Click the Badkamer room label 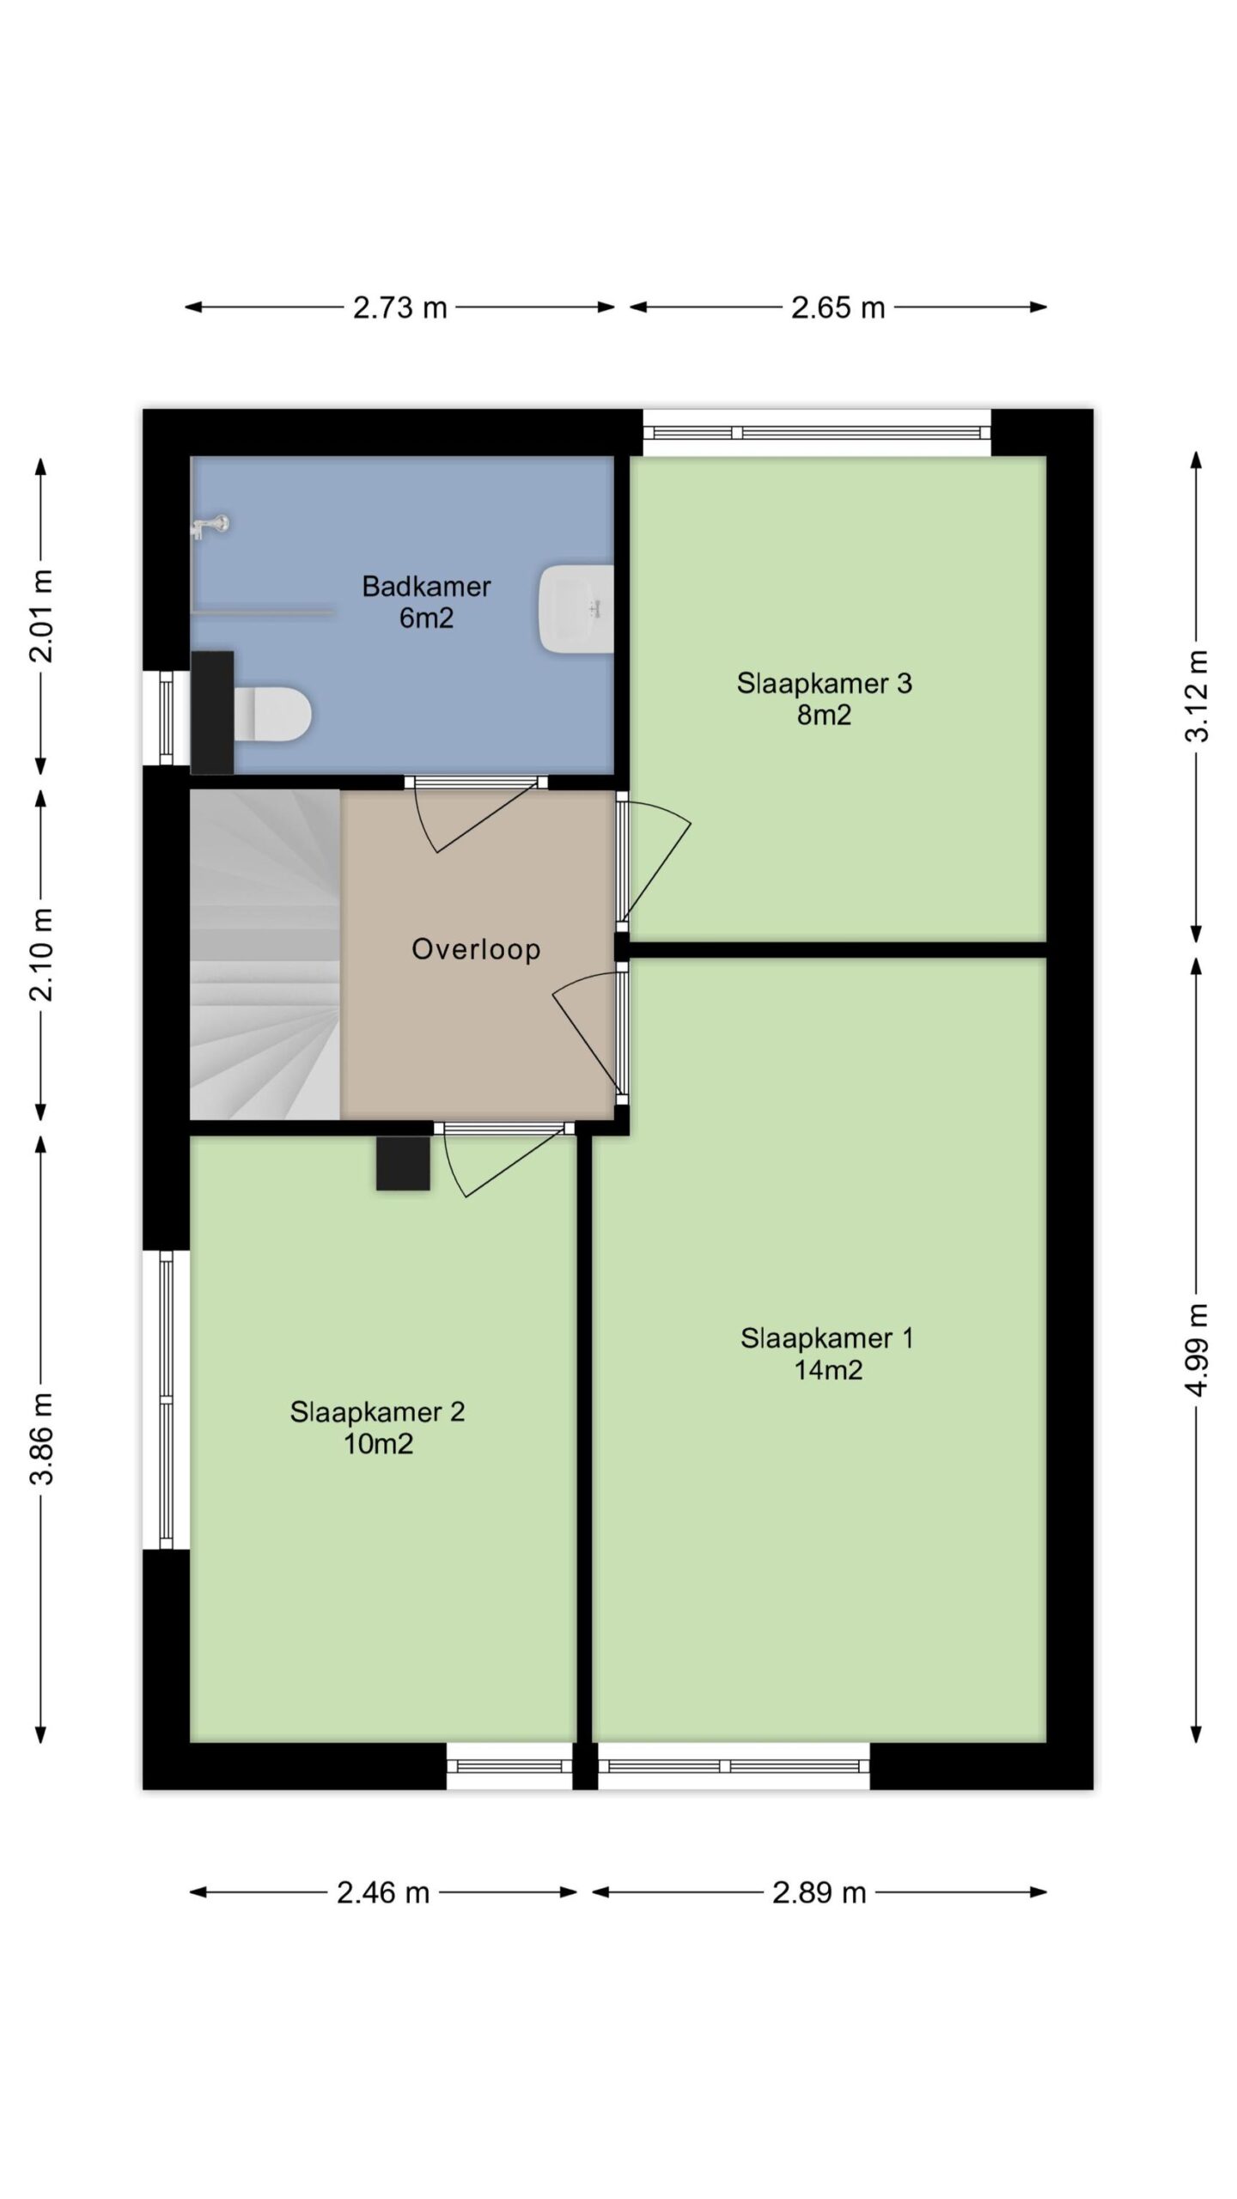pos(426,587)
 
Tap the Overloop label pos(476,949)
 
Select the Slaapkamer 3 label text pos(824,684)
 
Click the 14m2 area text pos(827,1369)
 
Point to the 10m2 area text pos(378,1443)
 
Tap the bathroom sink pos(576,608)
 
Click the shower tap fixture pos(210,525)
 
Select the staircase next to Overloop pos(265,954)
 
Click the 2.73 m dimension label pos(400,307)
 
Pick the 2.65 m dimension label pos(838,307)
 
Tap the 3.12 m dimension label pos(1197,695)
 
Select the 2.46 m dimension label pos(383,1892)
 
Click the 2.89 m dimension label pos(819,1892)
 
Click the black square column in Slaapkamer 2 pos(403,1163)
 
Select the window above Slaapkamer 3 pos(817,433)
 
